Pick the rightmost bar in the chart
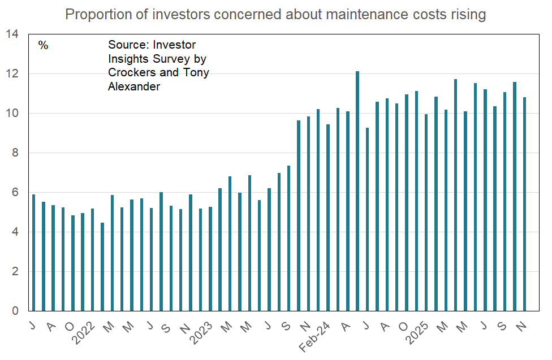[524, 204]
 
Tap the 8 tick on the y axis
[15, 153]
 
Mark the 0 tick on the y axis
[15, 311]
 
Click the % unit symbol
[44, 45]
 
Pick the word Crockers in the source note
[131, 72]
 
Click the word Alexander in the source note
[134, 86]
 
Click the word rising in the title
[468, 15]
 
